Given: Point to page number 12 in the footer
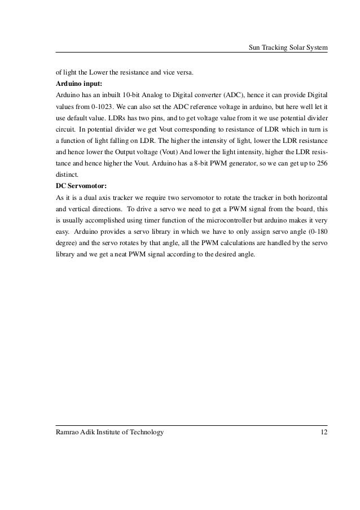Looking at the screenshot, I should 323,432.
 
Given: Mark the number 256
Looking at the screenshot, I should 322,163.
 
